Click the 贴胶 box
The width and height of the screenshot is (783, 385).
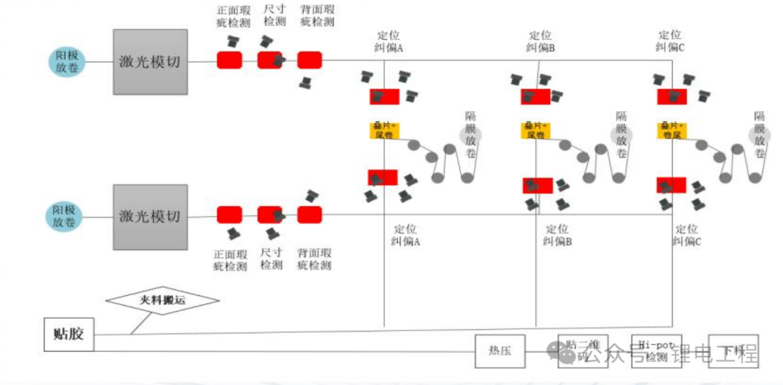(69, 334)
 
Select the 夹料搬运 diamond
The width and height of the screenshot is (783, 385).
(162, 299)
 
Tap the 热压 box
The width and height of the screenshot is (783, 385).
(500, 351)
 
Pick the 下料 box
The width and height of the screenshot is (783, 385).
(733, 352)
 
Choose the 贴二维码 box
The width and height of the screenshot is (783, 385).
(582, 352)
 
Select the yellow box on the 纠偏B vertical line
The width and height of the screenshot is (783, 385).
(536, 131)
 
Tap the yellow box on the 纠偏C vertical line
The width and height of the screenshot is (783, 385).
(672, 131)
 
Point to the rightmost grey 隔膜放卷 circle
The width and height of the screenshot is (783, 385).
(760, 134)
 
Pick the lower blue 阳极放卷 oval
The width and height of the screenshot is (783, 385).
(67, 216)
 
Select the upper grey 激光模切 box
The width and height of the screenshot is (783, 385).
(151, 62)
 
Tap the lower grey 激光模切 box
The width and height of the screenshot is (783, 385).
(151, 216)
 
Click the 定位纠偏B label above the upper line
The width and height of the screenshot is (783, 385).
(540, 41)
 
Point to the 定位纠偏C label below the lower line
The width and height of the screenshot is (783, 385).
(687, 235)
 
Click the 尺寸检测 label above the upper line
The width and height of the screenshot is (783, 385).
(275, 16)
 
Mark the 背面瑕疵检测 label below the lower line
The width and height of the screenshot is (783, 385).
(314, 260)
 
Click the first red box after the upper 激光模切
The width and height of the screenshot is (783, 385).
(229, 60)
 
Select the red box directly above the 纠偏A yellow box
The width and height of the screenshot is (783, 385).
(384, 96)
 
